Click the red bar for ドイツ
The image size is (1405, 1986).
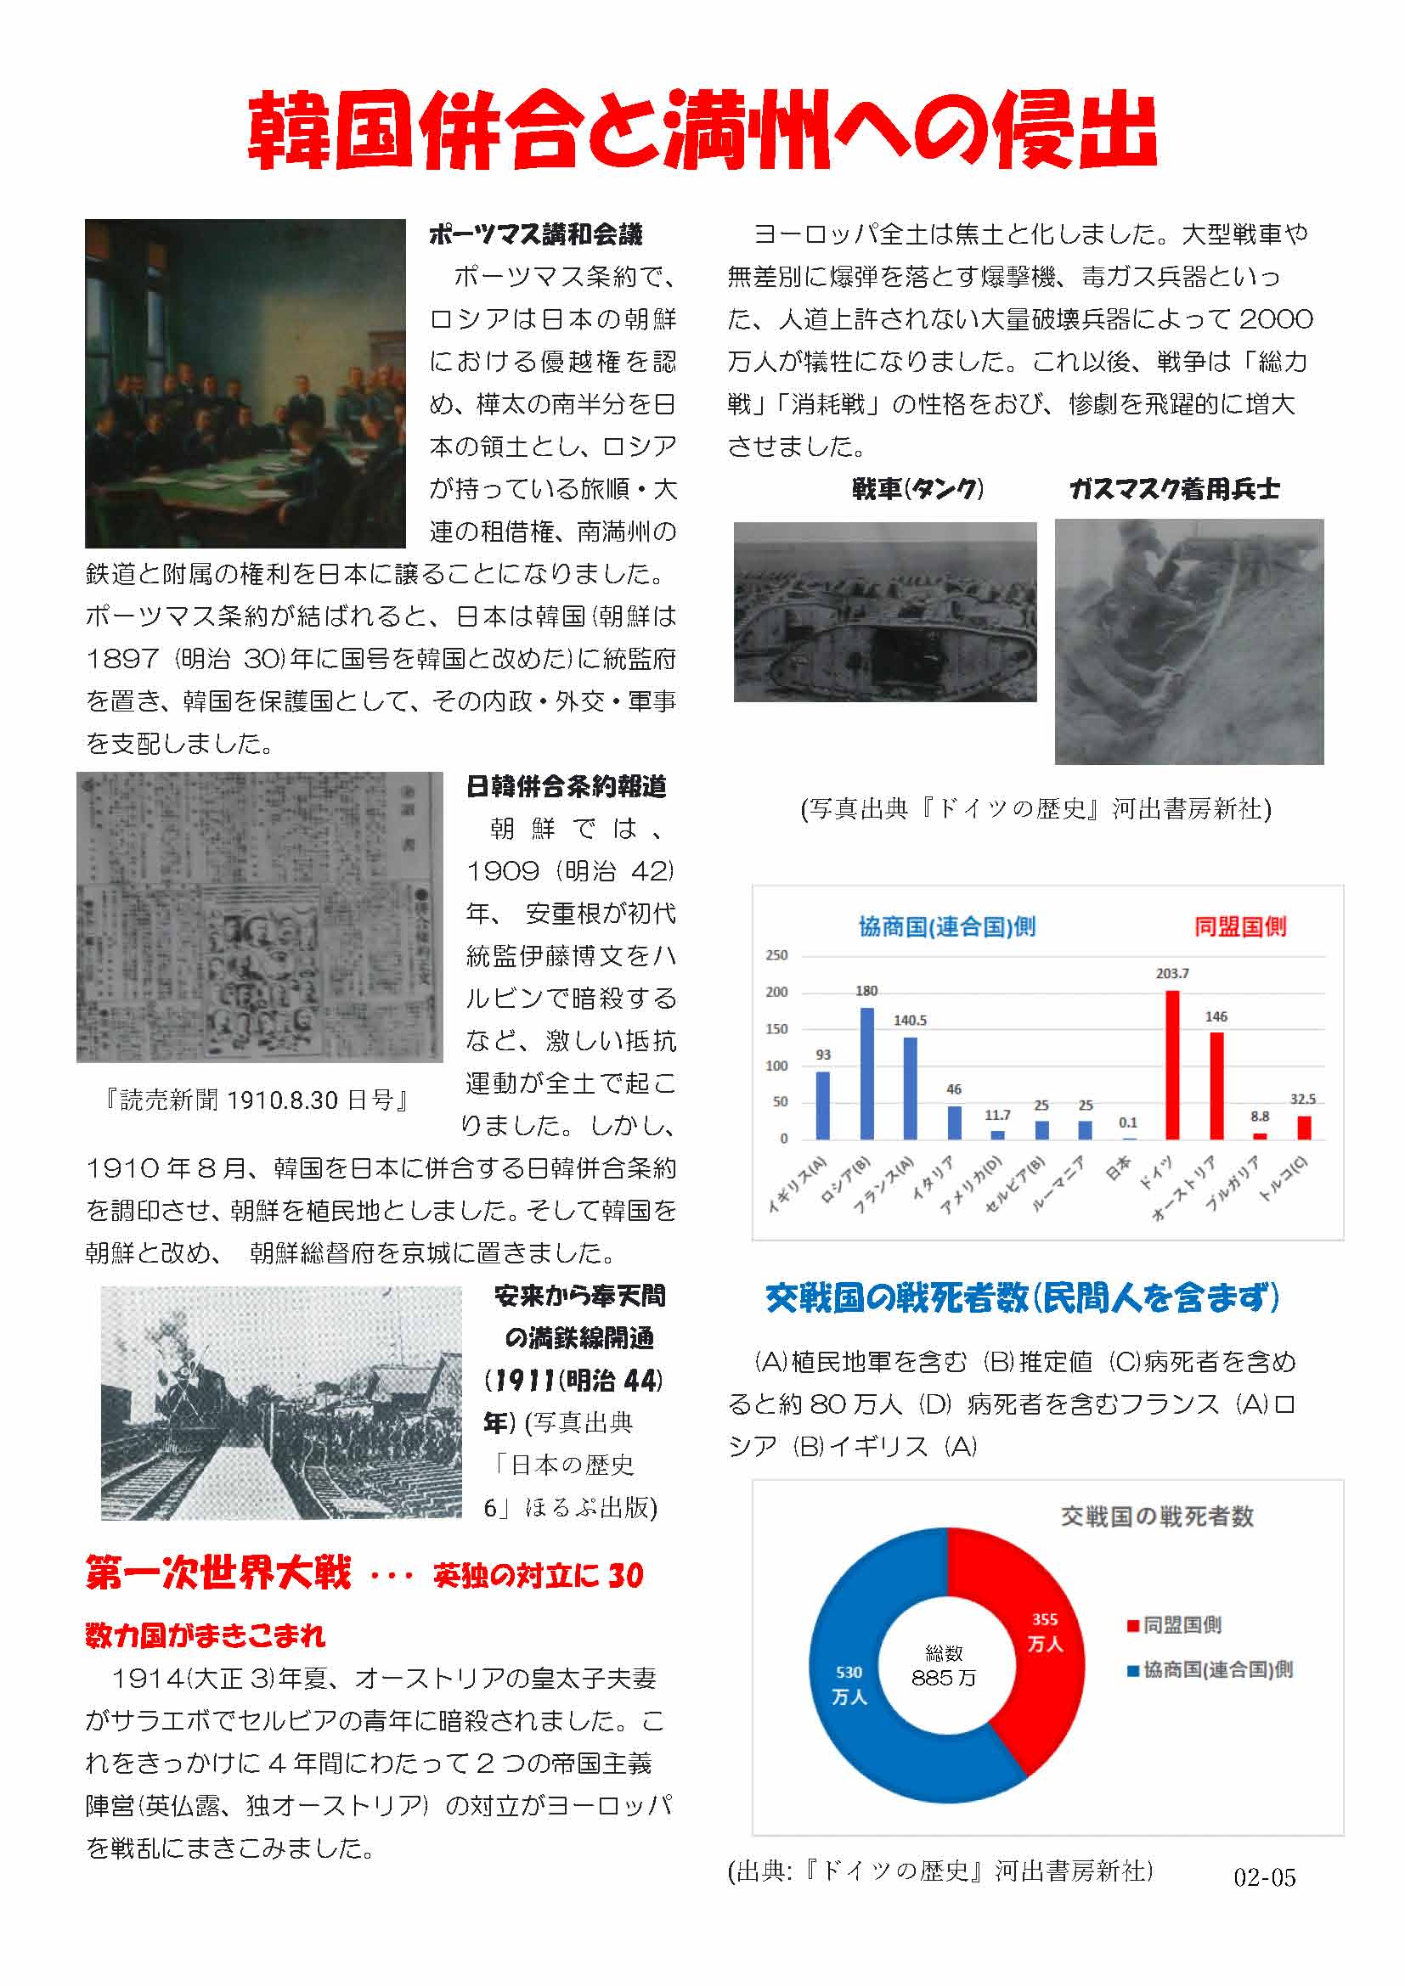click(x=1172, y=1065)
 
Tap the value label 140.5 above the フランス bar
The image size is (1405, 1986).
click(x=910, y=1021)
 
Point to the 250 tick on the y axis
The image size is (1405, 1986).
click(x=776, y=956)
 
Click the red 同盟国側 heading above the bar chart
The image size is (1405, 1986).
click(x=1239, y=927)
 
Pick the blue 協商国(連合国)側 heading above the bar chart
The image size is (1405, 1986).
click(x=946, y=927)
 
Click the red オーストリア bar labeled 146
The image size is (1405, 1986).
click(x=1216, y=1086)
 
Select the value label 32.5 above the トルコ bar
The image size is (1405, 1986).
click(x=1303, y=1100)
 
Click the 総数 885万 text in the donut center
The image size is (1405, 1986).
click(x=944, y=1665)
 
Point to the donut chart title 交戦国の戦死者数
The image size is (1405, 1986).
click(x=1157, y=1517)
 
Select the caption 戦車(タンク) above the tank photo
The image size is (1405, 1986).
click(x=917, y=490)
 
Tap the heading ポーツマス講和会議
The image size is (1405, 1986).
click(x=535, y=234)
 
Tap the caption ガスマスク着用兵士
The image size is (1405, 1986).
click(x=1174, y=490)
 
